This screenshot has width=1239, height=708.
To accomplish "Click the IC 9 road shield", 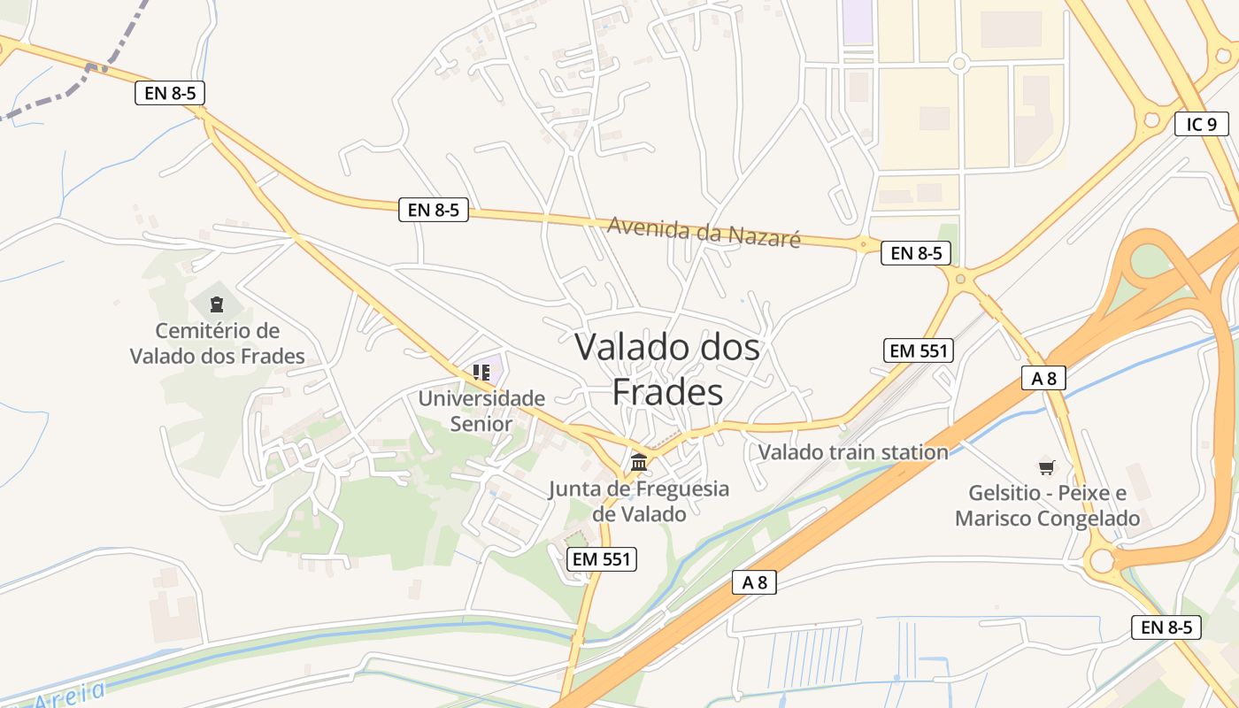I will point(1201,124).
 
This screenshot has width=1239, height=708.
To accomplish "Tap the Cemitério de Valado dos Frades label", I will point(218,343).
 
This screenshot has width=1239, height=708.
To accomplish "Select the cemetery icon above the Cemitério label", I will point(217,305).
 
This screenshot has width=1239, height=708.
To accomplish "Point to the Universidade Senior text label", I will point(481,411).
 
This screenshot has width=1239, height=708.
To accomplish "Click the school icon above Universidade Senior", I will point(481,373).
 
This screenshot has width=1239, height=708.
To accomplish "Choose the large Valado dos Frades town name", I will point(667,368).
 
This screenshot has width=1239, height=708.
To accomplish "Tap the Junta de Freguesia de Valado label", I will point(638,501).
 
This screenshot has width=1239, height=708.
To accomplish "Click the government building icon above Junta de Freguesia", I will point(639,462).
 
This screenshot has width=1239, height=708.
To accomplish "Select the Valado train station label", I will point(853,452).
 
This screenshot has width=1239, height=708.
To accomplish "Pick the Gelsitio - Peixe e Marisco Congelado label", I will point(1047,505).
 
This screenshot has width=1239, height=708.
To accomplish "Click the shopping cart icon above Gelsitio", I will point(1047,466).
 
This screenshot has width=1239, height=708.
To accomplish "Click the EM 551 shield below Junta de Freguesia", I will point(602,558).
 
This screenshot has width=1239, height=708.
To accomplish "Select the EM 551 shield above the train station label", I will point(919,350).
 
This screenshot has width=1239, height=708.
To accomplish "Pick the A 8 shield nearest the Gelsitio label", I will point(1043,378).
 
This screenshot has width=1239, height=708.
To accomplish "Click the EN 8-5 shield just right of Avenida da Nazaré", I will point(915,253).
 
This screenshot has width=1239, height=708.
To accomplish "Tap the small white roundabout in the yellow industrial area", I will point(958,63).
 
